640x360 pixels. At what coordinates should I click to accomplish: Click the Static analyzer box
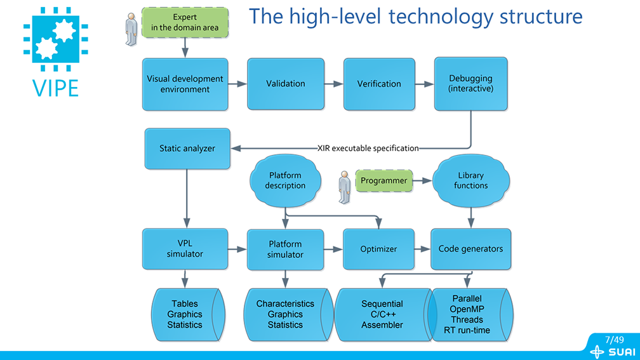[x=187, y=149]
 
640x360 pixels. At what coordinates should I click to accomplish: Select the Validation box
[x=285, y=84]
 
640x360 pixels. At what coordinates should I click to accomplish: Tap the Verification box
[x=379, y=84]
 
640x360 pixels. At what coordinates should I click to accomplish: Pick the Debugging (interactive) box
[x=470, y=84]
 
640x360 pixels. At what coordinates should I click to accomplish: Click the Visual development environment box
[x=185, y=84]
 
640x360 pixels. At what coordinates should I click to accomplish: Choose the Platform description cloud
[x=285, y=180]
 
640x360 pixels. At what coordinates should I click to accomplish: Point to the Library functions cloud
[x=470, y=180]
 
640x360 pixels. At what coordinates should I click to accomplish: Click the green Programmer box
[x=383, y=180]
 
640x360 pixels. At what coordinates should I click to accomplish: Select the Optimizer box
[x=378, y=249]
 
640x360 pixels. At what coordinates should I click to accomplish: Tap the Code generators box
[x=470, y=249]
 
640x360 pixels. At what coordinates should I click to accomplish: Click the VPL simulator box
[x=185, y=249]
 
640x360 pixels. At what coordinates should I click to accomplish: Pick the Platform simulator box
[x=285, y=249]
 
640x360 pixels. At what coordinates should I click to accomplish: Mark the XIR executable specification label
[x=368, y=149]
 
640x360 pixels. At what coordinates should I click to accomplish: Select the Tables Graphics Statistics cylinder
[x=187, y=314]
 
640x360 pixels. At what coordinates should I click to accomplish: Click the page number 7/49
[x=614, y=340]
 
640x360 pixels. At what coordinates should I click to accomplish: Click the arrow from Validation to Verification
[x=333, y=84]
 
